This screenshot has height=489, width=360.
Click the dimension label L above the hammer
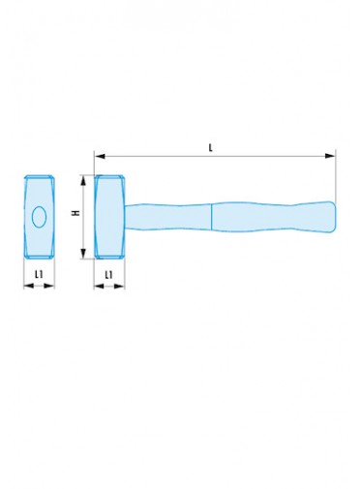point(211,148)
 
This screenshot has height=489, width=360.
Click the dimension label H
point(76,213)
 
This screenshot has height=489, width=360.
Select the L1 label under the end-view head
point(39,274)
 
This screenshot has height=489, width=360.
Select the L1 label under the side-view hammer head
point(109,275)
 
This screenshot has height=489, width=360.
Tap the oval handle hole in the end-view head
point(39,217)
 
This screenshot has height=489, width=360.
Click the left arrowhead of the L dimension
point(100,156)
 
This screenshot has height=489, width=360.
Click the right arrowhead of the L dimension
point(330,156)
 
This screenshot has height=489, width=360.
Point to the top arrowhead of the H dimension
point(83,180)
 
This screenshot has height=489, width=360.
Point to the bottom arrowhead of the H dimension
point(83,254)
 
